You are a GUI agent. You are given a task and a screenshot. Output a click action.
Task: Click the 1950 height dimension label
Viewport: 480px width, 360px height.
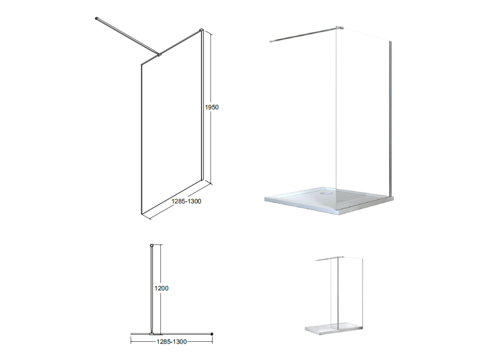(212, 107)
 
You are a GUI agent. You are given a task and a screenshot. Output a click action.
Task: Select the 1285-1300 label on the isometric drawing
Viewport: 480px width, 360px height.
(186, 201)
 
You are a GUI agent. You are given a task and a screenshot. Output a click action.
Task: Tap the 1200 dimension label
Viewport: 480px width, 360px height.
(161, 288)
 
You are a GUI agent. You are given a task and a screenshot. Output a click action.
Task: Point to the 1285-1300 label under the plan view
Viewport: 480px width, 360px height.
(172, 342)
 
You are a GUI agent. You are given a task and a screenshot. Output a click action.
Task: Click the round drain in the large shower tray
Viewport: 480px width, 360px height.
(325, 193)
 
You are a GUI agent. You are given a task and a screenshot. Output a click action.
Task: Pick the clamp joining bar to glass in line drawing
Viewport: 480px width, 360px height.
(159, 55)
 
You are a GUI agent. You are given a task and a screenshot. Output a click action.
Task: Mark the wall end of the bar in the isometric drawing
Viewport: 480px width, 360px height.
(97, 19)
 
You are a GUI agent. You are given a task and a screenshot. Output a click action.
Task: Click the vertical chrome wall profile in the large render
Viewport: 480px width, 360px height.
(390, 118)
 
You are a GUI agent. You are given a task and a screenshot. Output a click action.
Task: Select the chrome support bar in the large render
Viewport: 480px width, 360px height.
(303, 35)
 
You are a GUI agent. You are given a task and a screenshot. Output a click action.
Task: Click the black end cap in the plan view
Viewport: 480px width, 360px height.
(212, 334)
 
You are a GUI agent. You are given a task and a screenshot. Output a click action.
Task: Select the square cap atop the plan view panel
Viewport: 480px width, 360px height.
(152, 246)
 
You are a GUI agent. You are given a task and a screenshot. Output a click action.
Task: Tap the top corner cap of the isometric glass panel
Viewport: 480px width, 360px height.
(202, 30)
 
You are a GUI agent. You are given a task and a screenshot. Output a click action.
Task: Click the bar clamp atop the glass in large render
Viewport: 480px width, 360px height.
(339, 28)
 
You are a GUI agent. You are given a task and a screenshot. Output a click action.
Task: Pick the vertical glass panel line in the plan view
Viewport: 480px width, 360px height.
(152, 289)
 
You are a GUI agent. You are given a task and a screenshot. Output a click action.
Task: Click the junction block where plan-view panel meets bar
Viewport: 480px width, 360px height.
(152, 334)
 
